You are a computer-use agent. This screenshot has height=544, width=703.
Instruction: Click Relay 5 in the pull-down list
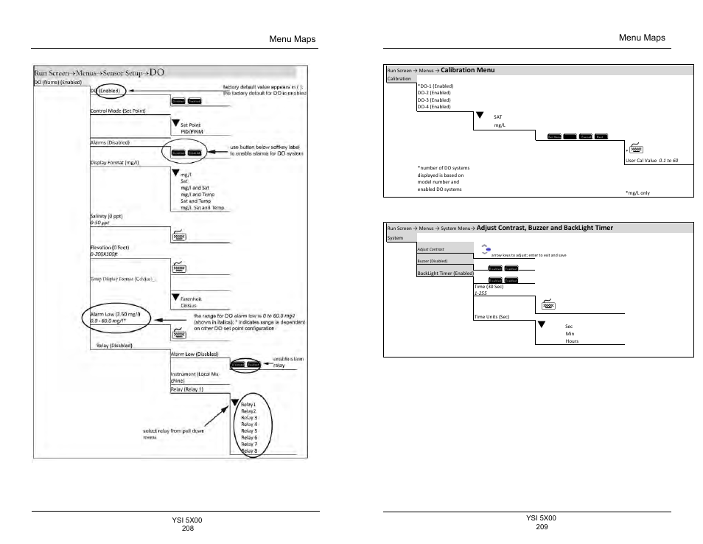coord(249,431)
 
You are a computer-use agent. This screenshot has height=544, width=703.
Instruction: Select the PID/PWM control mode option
coord(191,131)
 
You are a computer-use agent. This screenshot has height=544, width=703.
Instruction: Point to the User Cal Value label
coord(640,160)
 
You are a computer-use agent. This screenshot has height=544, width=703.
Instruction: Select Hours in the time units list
coord(572,341)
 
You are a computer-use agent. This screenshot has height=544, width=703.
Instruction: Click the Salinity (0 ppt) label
coord(105,215)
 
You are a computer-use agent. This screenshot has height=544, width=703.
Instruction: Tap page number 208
coord(187,529)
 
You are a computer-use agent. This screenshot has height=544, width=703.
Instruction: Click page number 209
coord(542,526)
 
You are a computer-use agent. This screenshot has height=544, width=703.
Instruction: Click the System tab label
coord(396,239)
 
